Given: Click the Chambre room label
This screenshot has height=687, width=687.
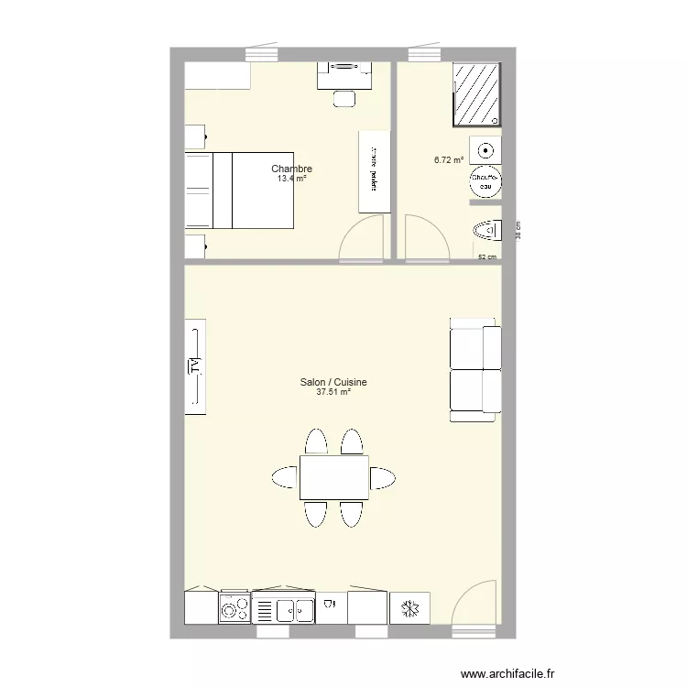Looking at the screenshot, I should pos(291,169).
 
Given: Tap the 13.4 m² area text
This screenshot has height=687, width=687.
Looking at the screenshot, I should pos(291,179).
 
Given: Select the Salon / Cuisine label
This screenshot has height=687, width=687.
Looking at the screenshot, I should pos(333,383).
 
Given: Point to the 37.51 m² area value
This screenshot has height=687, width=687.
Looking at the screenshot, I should pos(333,393).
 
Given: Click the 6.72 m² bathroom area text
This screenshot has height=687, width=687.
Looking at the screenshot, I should pos(449,159).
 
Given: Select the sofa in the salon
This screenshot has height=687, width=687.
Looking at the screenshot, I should pos(475,369).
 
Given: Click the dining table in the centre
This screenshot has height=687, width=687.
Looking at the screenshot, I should pos(333,477).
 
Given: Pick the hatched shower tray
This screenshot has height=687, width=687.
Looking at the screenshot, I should pos(477,94).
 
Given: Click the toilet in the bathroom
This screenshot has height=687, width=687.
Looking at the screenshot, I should pos(487,230).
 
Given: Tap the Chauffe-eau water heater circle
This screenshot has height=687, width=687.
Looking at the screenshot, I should pos(485,181).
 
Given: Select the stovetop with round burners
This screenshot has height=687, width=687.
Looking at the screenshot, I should pos(234,608).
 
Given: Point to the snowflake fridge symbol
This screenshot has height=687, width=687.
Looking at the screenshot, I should pos(410,607).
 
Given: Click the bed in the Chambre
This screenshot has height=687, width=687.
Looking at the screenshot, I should pos(240,191).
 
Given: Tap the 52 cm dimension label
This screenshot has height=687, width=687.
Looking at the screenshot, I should pos(487,257).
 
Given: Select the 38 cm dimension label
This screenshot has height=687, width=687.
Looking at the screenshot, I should pos(518,230).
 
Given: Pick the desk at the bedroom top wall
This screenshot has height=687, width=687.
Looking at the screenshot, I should pos(344,74).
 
